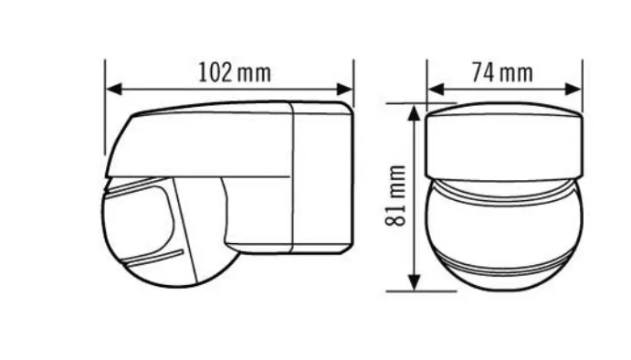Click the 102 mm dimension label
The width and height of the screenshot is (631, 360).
(x=235, y=72)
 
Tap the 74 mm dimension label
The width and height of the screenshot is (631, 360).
(x=502, y=72)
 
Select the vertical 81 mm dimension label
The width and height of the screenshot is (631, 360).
(x=396, y=196)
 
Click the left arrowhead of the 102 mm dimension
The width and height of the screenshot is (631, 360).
(x=114, y=90)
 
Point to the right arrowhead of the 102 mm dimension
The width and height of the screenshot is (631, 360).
(x=345, y=90)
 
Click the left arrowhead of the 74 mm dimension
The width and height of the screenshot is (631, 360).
(x=436, y=90)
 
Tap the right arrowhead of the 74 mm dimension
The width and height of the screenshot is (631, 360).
(x=573, y=90)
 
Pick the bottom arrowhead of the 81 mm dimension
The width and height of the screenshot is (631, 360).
(x=414, y=282)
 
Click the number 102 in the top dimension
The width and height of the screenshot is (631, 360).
(x=216, y=72)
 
